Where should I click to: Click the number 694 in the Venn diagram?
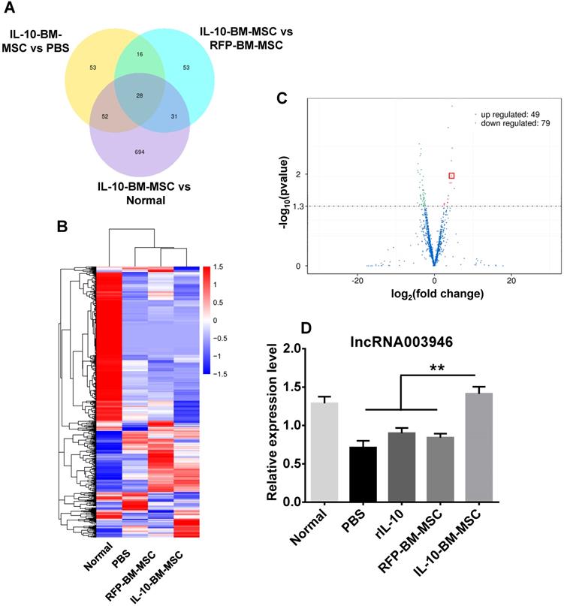point(139,152)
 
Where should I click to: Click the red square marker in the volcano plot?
point(452,176)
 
